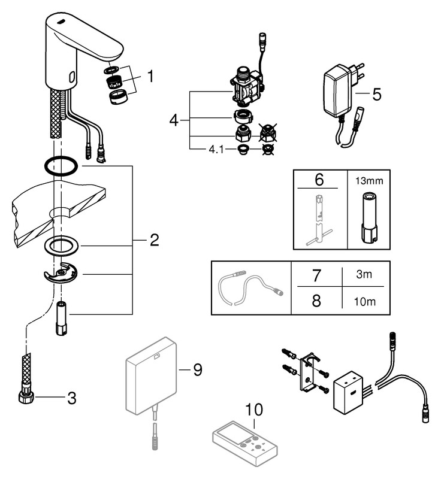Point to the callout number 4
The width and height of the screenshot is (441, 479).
coord(174,120)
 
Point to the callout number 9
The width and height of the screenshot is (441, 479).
coord(197,369)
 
